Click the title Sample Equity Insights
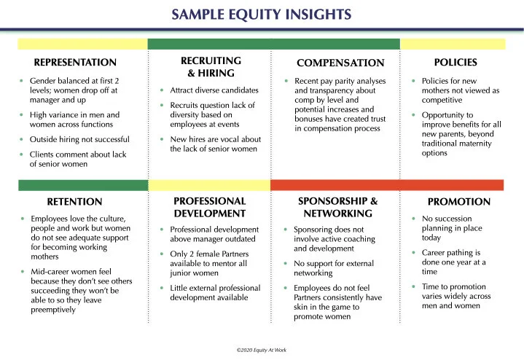coord(262,14)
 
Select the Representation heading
coord(75,63)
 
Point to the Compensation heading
coord(340,63)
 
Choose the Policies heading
coord(455,63)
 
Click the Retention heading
coord(74,202)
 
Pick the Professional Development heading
coord(210,207)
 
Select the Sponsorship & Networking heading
coord(338,207)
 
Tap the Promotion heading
coord(459,202)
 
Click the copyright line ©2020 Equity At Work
coord(262,350)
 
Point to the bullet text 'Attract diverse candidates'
coord(214,90)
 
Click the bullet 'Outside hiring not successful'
coord(79,139)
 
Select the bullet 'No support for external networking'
coord(325,268)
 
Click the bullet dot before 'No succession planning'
coord(414,219)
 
